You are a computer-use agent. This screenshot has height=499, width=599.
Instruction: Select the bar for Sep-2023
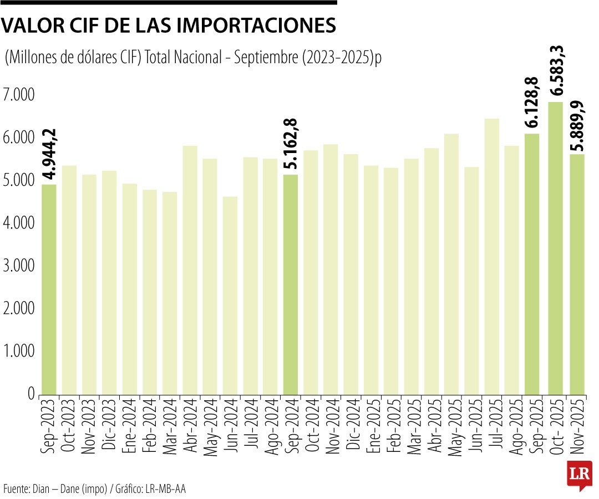click(x=49, y=289)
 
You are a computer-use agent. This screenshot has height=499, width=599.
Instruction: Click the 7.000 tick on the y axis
click(x=18, y=95)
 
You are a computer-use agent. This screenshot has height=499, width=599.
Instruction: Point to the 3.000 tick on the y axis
click(x=18, y=266)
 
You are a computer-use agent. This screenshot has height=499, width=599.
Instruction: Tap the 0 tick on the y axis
click(x=32, y=393)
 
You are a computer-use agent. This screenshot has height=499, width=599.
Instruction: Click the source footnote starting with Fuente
click(x=94, y=488)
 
